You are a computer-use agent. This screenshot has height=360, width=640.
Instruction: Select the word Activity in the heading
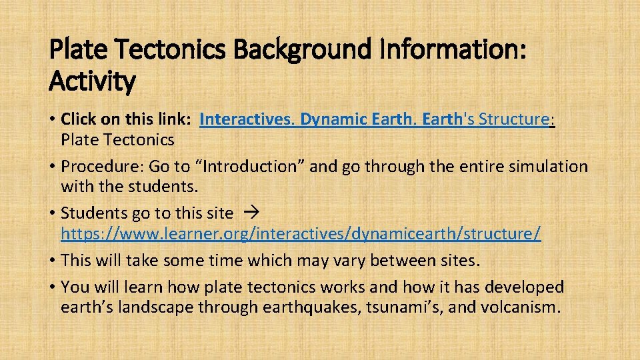[92, 82]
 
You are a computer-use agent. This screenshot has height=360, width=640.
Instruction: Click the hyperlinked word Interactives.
[247, 119]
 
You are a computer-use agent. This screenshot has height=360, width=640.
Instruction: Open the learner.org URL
[301, 234]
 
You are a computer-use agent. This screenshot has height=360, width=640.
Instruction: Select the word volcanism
[521, 307]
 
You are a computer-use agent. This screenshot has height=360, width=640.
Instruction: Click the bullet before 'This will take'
[52, 260]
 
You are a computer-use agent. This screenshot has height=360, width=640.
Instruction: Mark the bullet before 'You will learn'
[52, 287]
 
